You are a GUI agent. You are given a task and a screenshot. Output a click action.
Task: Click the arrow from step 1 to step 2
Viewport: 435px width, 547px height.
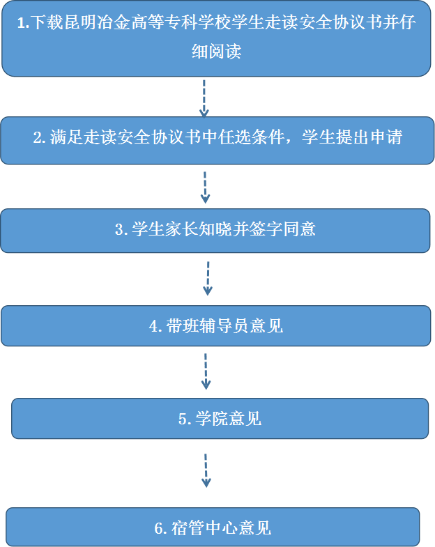(204, 99)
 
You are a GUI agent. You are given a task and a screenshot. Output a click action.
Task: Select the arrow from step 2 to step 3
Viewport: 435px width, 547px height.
(205, 187)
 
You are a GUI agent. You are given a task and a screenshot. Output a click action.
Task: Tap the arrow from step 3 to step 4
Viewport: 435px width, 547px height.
(208, 279)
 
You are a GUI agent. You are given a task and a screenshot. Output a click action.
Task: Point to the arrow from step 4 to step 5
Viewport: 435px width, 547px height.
(206, 371)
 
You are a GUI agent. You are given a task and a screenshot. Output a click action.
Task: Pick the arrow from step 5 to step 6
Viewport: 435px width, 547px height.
(206, 470)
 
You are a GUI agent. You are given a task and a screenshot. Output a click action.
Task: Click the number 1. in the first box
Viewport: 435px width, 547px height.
(23, 23)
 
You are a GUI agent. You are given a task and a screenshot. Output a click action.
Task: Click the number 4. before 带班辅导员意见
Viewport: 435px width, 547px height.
(155, 327)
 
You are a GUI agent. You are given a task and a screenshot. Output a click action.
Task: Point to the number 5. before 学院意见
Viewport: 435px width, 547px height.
(185, 419)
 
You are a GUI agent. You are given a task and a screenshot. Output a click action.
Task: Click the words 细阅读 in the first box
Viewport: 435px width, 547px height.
(216, 52)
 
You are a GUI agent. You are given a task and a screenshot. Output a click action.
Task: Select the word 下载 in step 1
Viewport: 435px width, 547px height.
(47, 22)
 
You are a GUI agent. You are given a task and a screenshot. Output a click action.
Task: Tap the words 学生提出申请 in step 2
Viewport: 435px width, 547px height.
(352, 137)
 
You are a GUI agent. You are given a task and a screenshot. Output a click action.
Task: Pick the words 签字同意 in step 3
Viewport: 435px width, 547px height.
(282, 229)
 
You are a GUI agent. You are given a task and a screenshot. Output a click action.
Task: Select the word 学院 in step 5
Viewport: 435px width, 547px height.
(212, 419)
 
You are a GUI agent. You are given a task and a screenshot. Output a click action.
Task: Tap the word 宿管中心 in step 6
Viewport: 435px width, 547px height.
(204, 528)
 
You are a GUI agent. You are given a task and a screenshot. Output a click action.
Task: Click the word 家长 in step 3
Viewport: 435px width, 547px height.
(182, 229)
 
